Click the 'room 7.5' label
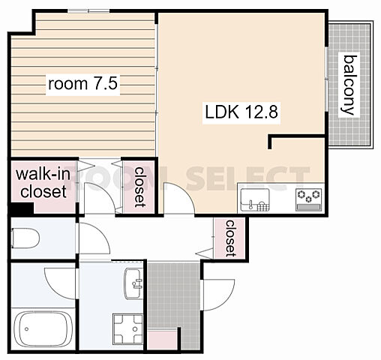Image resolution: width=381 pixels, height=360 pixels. point(82,83)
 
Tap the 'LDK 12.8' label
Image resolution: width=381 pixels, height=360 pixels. point(241,112)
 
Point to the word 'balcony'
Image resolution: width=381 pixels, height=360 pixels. point(349,85)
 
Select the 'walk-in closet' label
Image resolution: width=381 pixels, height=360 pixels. point(43,183)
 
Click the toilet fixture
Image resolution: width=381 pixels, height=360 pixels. point(25,238)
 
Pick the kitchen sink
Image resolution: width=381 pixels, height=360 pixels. point(255,199)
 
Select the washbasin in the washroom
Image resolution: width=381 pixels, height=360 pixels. point(133,283)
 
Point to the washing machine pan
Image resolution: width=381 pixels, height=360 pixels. point(128,329)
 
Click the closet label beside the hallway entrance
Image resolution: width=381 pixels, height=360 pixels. point(230,238)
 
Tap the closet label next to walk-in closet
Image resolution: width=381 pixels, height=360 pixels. point(140,187)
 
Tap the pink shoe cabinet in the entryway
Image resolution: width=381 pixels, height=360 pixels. point(162,340)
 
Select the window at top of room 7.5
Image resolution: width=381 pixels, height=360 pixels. point(88,10)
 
